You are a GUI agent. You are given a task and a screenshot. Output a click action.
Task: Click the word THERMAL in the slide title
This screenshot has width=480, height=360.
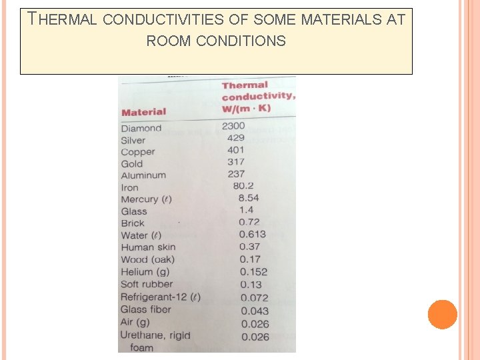pos(63,19)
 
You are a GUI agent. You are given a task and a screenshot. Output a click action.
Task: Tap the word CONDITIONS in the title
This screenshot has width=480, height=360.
pos(216,41)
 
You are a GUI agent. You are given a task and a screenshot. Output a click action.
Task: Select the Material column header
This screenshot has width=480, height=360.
pos(144,112)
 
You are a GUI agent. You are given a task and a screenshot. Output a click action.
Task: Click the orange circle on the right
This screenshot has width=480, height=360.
pos(443,315)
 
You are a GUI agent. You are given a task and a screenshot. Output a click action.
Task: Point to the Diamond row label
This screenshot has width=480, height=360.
pos(141,128)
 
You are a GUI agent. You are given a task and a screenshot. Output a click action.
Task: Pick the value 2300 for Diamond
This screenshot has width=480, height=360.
pos(233,125)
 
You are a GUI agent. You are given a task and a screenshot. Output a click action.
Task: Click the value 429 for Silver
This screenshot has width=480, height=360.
pos(236,137)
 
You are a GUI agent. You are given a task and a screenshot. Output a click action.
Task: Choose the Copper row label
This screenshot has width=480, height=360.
pos(138,152)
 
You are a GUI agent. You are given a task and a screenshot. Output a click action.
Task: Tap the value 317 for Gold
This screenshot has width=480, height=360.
pos(236,161)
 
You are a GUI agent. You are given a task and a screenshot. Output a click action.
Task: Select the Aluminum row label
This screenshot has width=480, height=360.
pos(143,175)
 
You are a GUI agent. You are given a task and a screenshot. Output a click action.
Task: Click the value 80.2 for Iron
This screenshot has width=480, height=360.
pos(243,186)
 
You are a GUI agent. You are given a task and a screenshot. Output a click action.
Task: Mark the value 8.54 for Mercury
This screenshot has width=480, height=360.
pos(249,198)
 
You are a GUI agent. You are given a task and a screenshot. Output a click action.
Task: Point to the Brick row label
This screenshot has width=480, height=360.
pos(133,223)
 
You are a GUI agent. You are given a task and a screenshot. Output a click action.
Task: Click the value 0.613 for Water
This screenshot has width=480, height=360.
pos(252,234)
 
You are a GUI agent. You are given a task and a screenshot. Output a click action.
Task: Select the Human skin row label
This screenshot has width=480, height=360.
pos(148,247)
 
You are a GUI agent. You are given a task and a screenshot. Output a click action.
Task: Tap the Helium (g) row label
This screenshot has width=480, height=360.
pos(145,272)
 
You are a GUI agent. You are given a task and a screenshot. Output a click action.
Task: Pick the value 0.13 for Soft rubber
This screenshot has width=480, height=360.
pos(251,285)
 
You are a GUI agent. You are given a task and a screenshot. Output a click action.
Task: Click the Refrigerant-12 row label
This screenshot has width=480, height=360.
pos(161,297)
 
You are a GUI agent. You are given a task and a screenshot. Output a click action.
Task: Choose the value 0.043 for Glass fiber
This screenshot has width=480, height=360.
pos(255,311)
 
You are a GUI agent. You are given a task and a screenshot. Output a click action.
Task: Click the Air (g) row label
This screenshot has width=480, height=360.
pos(135,322)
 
